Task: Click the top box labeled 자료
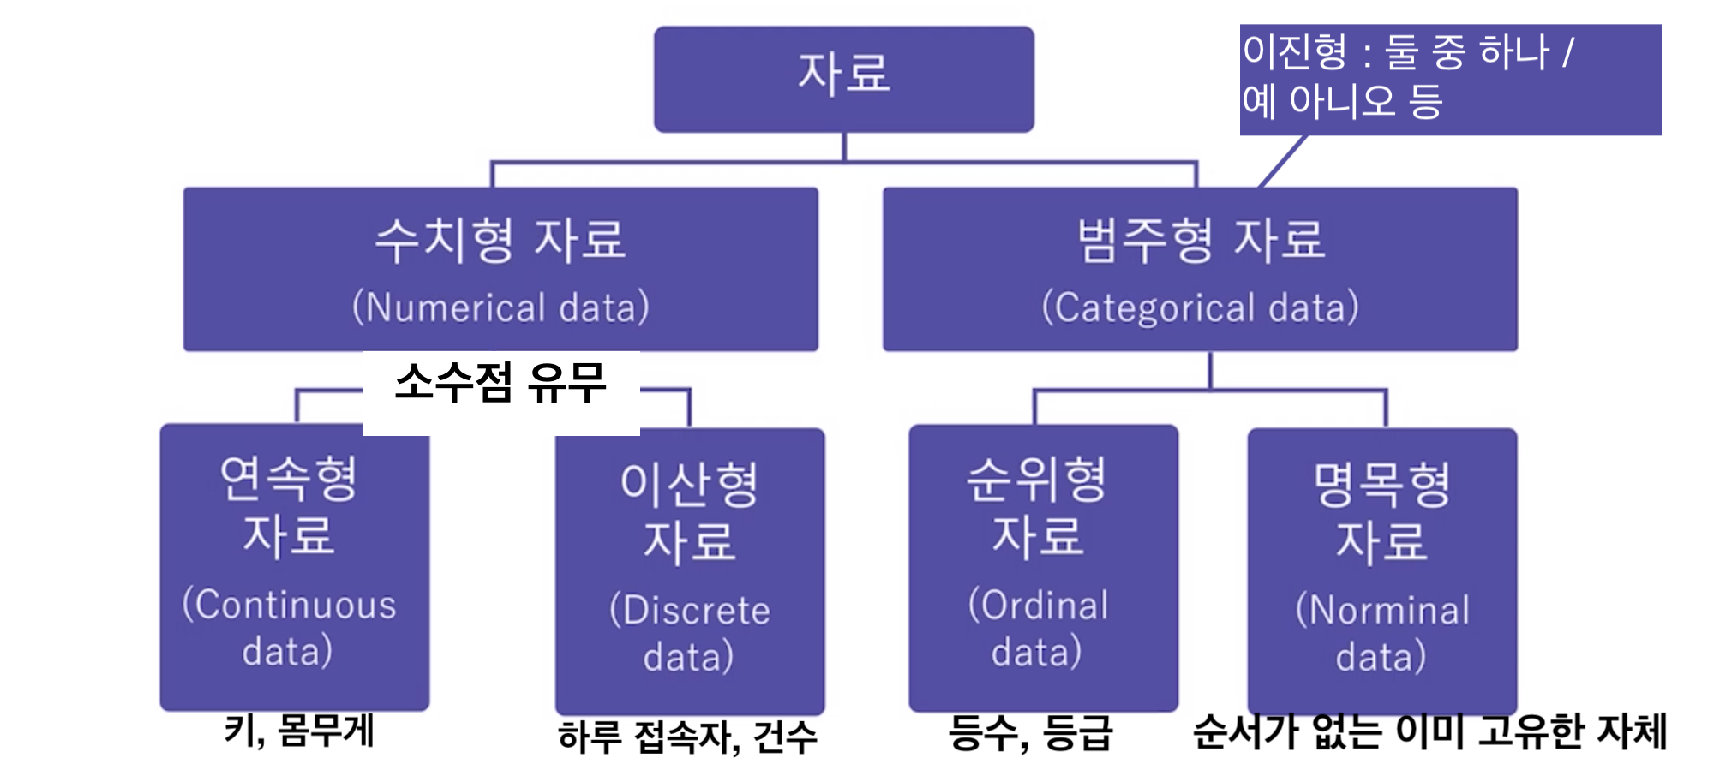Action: click(x=843, y=79)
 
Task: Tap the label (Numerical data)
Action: click(x=500, y=307)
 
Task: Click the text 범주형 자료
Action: click(x=1200, y=239)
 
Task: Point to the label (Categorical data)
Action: click(x=1200, y=307)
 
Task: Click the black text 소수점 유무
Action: click(x=500, y=383)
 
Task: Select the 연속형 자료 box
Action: click(x=294, y=565)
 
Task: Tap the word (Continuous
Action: click(x=290, y=605)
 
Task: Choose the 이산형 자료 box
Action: click(x=690, y=570)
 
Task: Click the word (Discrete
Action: click(x=690, y=610)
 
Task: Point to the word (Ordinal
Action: click(x=1038, y=605)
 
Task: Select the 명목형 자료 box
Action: click(x=1381, y=570)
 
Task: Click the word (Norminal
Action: click(x=1381, y=610)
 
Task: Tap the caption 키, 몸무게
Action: click(x=299, y=731)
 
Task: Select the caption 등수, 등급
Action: click(x=1030, y=733)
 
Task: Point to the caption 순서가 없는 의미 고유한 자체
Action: click(x=1429, y=731)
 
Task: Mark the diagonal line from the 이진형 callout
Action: click(x=1283, y=161)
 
